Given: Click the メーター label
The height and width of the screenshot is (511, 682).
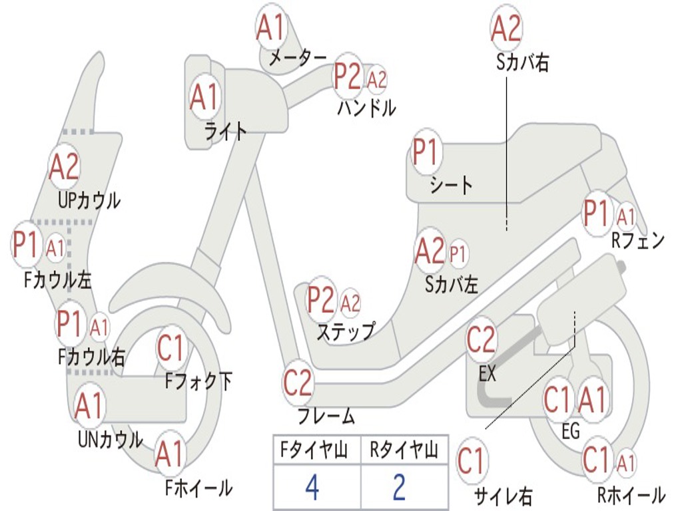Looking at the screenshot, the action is pyautogui.click(x=298, y=59).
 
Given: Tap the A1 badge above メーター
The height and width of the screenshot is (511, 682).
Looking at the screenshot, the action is pyautogui.click(x=271, y=27).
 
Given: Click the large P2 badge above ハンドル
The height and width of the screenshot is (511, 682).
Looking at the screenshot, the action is pyautogui.click(x=348, y=77).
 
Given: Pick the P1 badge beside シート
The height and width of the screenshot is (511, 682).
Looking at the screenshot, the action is pyautogui.click(x=426, y=154).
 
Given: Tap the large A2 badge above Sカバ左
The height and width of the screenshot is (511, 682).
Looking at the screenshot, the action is pyautogui.click(x=430, y=250).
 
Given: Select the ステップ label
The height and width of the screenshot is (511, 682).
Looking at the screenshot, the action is pyautogui.click(x=345, y=331).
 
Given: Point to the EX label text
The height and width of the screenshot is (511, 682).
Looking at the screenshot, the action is pyautogui.click(x=488, y=373).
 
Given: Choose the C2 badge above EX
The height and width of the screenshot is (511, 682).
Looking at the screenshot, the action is pyautogui.click(x=482, y=340).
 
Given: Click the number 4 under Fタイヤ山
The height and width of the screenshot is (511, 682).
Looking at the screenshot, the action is pyautogui.click(x=312, y=488).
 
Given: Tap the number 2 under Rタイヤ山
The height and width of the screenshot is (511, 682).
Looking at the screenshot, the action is pyautogui.click(x=399, y=488).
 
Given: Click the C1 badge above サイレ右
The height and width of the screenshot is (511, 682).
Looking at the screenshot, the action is pyautogui.click(x=472, y=462).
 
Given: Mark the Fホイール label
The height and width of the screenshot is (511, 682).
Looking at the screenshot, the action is pyautogui.click(x=198, y=488).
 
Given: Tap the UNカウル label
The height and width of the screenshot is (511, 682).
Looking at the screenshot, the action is pyautogui.click(x=110, y=440).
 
